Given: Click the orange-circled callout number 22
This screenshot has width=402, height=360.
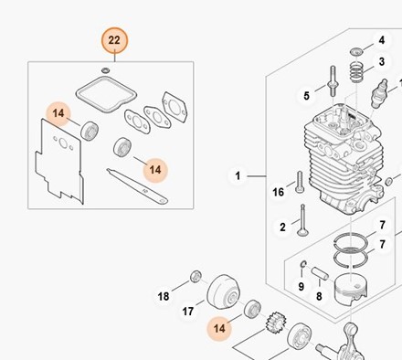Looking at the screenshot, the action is tap(114, 40).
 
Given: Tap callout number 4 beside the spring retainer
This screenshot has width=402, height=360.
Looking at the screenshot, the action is tap(381, 40).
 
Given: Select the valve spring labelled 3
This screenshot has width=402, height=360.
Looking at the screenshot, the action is tap(356, 72).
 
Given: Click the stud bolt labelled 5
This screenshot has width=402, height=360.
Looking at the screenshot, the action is tap(333, 81).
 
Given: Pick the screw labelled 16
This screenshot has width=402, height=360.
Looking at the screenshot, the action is tap(299, 182).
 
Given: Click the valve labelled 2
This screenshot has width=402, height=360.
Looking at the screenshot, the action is tap(302, 220).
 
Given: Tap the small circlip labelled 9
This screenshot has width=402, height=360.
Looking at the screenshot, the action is tap(303, 264).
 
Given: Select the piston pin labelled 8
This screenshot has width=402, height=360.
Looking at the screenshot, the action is tap(320, 273).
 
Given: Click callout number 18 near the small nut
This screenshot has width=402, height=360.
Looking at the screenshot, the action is tap(164, 296).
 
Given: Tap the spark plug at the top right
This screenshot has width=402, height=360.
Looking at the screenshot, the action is tap(379, 93).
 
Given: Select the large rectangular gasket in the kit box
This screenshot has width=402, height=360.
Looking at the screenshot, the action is tap(106, 94).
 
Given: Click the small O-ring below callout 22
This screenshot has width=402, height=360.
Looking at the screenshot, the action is tap(106, 70).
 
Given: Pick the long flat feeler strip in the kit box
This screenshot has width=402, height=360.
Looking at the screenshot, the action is tap(137, 186).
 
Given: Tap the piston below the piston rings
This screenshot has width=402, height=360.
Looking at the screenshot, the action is tap(350, 288).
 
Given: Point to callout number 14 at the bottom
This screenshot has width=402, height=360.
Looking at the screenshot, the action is tap(219, 328).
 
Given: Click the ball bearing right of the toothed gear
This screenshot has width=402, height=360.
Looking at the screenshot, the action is tap(300, 336).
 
